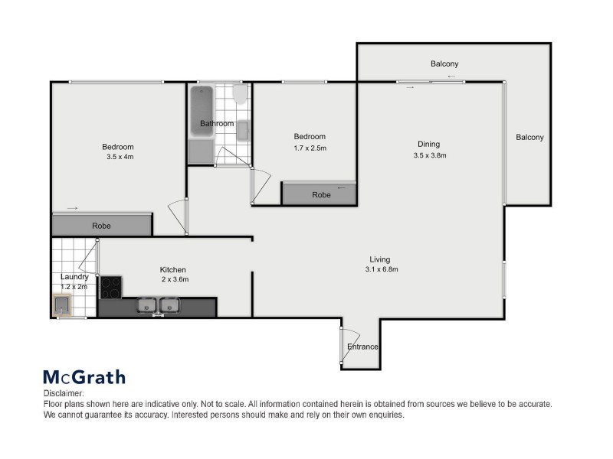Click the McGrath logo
(x=84, y=376)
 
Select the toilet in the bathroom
(x=240, y=95)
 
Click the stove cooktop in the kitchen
(x=111, y=287)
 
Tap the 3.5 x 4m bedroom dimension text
(x=118, y=157)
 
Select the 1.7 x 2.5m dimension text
(x=310, y=148)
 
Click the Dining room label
(x=429, y=144)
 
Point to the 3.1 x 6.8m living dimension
(x=382, y=269)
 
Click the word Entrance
(x=362, y=347)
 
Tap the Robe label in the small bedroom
(x=321, y=195)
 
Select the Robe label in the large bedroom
(x=101, y=226)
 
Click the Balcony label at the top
(x=444, y=63)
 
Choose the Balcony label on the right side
(x=529, y=138)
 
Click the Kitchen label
(x=172, y=269)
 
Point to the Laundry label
(x=75, y=277)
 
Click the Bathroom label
(x=217, y=123)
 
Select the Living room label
(x=381, y=259)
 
